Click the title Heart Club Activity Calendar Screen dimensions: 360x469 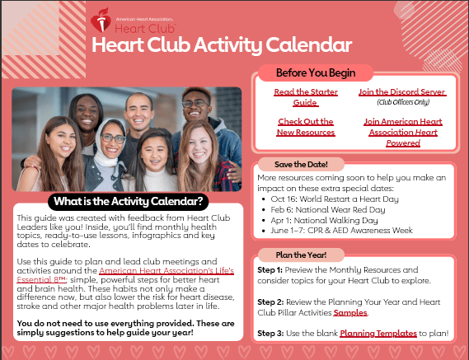click(222, 44)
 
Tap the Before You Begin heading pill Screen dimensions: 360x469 click(311, 72)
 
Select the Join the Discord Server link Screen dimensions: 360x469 click(402, 93)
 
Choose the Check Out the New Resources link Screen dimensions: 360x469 click(305, 127)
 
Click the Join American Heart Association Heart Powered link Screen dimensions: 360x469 click(402, 132)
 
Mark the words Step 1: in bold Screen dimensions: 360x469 click(270, 269)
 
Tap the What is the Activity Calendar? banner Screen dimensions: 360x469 click(127, 200)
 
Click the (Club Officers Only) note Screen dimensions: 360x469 click(402, 103)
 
